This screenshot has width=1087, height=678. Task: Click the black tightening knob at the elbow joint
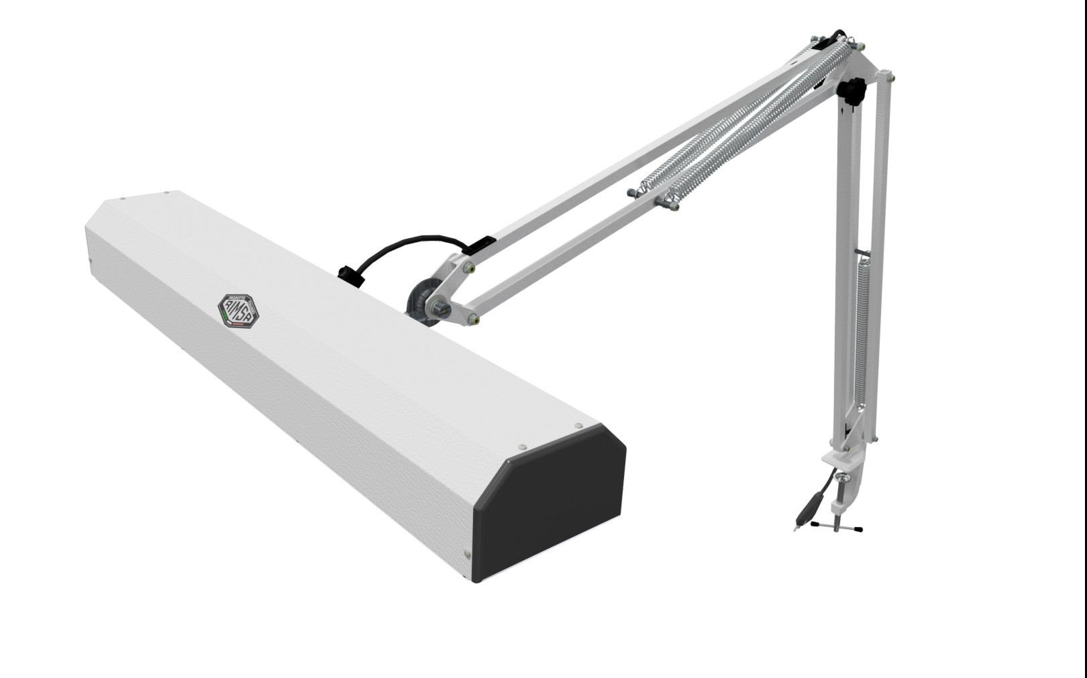[x=853, y=92]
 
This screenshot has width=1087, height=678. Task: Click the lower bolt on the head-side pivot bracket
[x=475, y=319]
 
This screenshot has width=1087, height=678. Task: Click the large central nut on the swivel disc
[x=440, y=308]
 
